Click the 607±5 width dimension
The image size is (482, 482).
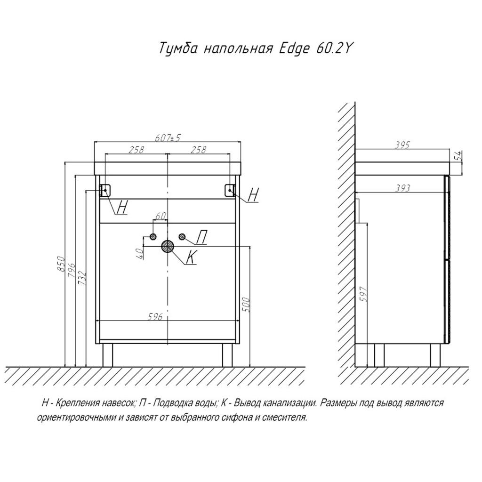coord(168,138)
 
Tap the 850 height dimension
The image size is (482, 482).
coord(61,264)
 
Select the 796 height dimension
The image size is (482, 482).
coord(72,270)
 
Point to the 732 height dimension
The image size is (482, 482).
coord(82,278)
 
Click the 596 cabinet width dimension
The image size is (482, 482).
coord(155,316)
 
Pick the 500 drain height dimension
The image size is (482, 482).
coord(246,305)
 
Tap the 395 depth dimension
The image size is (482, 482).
coord(402,145)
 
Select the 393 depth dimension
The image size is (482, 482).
coord(402,188)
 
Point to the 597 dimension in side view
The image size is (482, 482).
coord(364,294)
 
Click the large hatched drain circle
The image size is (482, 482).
coord(168,247)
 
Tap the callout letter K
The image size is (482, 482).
coord(191,257)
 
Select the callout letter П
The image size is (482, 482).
coord(201,237)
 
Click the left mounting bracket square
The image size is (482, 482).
coord(106,190)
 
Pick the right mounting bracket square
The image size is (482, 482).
coord(230,190)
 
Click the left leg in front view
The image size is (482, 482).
coord(107,355)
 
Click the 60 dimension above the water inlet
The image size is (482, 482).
coord(161,216)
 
